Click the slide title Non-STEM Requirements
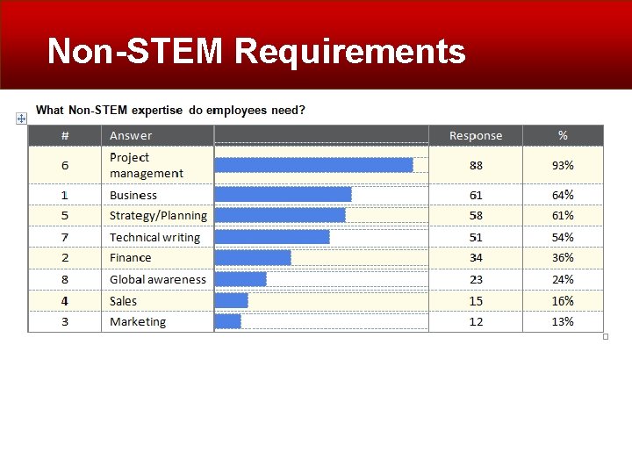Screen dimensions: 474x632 (256, 51)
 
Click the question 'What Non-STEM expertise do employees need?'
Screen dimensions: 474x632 (170, 111)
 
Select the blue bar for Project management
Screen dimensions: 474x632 (313, 165)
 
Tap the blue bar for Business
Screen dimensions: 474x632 (283, 195)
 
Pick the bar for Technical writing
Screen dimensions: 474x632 (272, 237)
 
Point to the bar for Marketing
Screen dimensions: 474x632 (227, 322)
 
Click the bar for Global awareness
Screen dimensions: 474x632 (241, 279)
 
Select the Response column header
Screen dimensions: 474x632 (476, 135)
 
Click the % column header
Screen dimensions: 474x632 (563, 135)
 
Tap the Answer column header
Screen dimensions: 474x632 (131, 135)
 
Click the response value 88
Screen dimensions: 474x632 (476, 165)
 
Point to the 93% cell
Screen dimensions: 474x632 (563, 165)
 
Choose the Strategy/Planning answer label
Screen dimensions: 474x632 (158, 216)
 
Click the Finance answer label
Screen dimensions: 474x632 (130, 258)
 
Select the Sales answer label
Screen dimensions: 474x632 (123, 301)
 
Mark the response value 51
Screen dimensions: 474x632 (476, 237)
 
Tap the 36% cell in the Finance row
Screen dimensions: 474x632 (563, 258)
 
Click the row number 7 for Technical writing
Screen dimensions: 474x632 (65, 237)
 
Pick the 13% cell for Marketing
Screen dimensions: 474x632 (563, 322)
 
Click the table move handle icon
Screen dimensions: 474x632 (21, 118)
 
